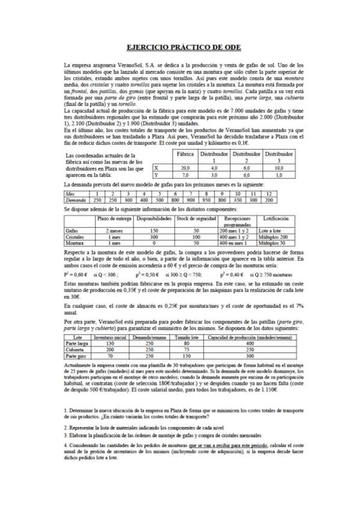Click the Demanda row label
76,199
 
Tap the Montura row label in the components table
76,242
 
